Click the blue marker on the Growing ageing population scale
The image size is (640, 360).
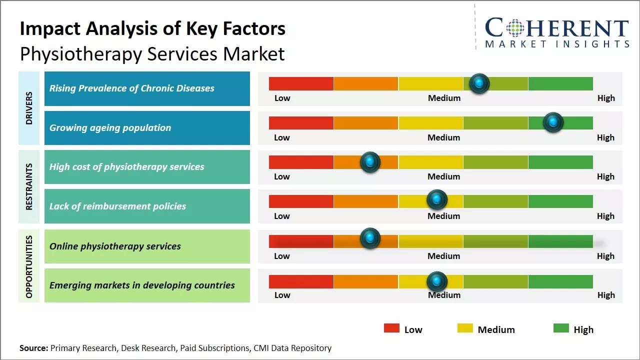tap(553, 122)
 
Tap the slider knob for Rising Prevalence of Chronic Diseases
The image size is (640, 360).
tap(479, 83)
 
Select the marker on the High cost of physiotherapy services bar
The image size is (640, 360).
tap(370, 162)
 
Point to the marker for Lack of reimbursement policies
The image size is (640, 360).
tap(437, 200)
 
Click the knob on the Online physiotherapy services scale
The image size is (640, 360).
tap(370, 238)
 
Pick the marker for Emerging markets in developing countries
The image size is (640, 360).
tap(437, 281)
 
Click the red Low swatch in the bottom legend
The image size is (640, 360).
tap(391, 328)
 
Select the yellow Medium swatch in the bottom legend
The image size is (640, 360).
tap(465, 328)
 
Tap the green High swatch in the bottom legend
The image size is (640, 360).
tap(561, 328)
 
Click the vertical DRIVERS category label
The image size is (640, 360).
tap(29, 108)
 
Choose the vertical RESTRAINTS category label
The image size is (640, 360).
tap(29, 186)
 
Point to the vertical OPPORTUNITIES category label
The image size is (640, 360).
tap(29, 266)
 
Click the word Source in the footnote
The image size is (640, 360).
tap(33, 348)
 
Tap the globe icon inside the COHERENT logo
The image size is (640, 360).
tap(515, 28)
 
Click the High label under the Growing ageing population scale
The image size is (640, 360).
tap(605, 137)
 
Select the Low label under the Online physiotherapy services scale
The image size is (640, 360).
tap(282, 256)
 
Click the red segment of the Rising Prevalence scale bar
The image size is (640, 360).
tap(301, 83)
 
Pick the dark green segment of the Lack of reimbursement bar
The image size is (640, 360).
tap(560, 201)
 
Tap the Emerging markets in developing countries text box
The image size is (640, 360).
tap(147, 285)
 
